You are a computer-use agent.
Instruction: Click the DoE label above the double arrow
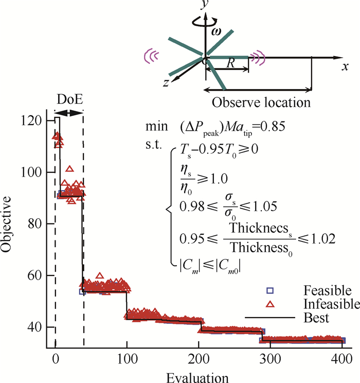pos(68,98)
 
